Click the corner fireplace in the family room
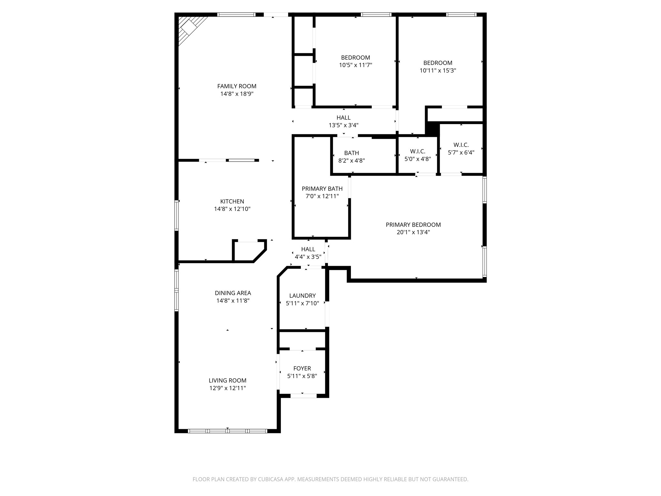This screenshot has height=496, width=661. coord(190,28)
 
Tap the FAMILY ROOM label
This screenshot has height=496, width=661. coord(237,86)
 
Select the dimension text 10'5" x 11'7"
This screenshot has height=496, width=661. coord(355,65)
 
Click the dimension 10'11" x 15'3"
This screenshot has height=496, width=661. coord(438,70)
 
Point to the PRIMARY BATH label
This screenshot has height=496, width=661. coord(322,189)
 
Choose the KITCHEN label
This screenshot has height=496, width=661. coord(232,201)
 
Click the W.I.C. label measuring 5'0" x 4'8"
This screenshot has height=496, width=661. coord(418,151)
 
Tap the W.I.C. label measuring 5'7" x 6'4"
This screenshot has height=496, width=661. coord(461,145)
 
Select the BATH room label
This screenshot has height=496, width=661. coord(351,153)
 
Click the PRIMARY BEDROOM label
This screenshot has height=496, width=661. coord(413,225)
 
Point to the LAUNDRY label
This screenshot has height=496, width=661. coord(302,296)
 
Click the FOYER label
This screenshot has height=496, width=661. coord(302,368)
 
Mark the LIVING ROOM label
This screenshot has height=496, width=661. coord(228,381)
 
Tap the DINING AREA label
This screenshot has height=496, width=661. coord(233,293)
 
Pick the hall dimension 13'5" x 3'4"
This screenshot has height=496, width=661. coord(343,125)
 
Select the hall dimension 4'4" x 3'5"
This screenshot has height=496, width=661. coord(308,257)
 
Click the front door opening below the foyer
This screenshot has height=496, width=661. coord(303,396)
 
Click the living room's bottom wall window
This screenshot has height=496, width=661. coord(228,431)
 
